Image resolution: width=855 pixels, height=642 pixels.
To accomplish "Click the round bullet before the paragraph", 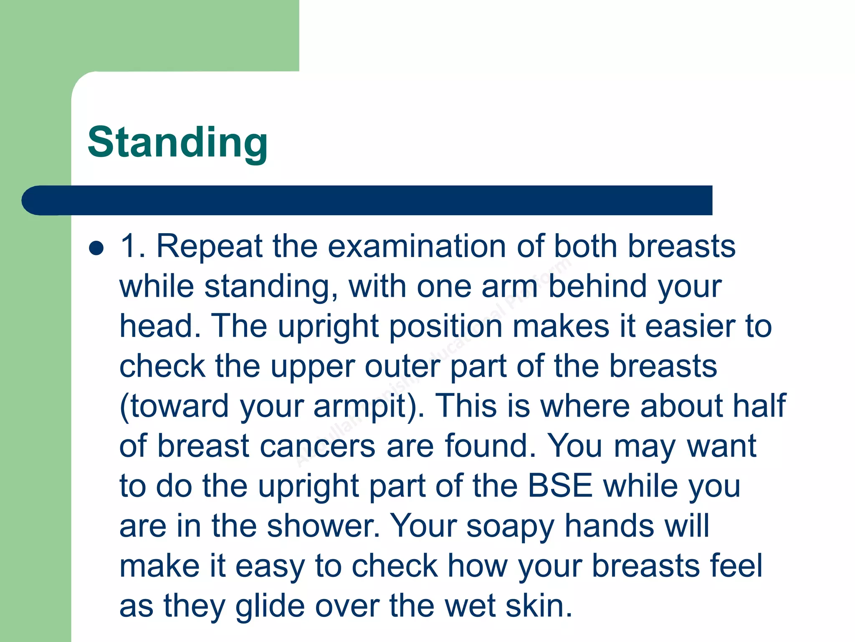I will pyautogui.click(x=96, y=248).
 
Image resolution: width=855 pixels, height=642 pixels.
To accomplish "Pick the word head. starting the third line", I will pyautogui.click(x=160, y=326).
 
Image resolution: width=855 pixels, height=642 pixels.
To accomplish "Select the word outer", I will pyautogui.click(x=402, y=367).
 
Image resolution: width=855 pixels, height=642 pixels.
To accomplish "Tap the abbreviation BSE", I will pyautogui.click(x=560, y=486).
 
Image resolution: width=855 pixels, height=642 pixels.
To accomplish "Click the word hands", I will pyautogui.click(x=609, y=525).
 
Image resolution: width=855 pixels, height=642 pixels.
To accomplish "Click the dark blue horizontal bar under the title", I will pyautogui.click(x=367, y=201).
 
